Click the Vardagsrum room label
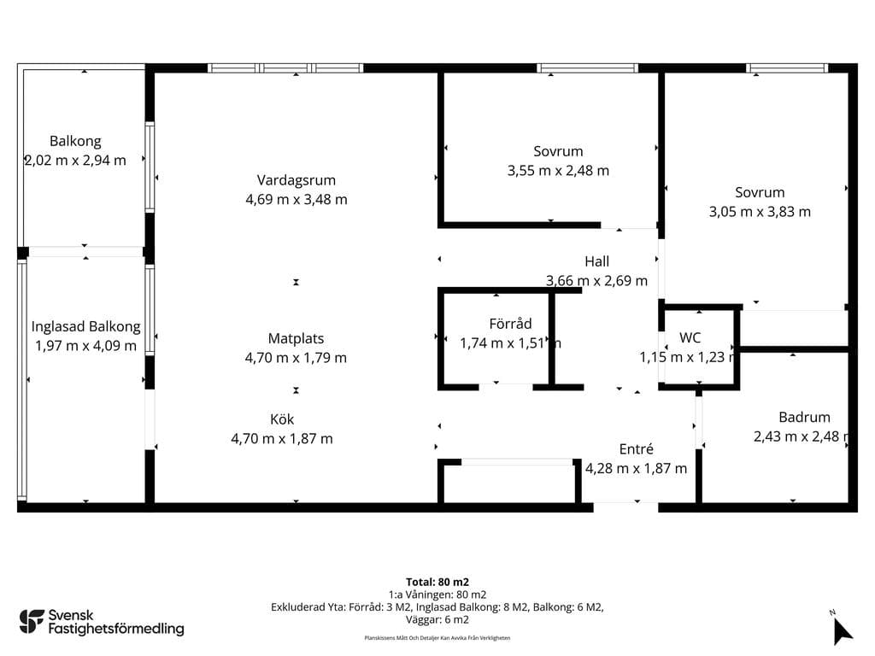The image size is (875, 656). click(x=297, y=180)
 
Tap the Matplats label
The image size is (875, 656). click(x=296, y=338)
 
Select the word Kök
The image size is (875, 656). click(x=282, y=419)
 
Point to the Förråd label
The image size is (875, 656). click(x=510, y=324)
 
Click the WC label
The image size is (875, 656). click(x=690, y=337)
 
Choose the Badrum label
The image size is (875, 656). click(x=804, y=417)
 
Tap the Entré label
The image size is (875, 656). click(x=636, y=449)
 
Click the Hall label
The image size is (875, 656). click(x=596, y=261)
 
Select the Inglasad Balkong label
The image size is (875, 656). click(x=86, y=327)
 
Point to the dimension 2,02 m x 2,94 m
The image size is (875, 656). click(x=75, y=161)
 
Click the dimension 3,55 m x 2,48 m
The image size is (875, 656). click(x=558, y=171)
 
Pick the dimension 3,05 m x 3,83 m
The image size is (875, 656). click(x=760, y=212)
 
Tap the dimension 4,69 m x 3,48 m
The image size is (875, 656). click(x=297, y=200)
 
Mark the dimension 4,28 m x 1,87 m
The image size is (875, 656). click(x=636, y=469)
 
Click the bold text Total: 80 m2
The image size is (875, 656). click(x=437, y=583)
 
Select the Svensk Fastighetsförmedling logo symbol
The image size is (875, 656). click(x=32, y=622)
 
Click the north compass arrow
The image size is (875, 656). click(x=842, y=631)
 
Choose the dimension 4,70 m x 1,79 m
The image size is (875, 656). click(x=296, y=358)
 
